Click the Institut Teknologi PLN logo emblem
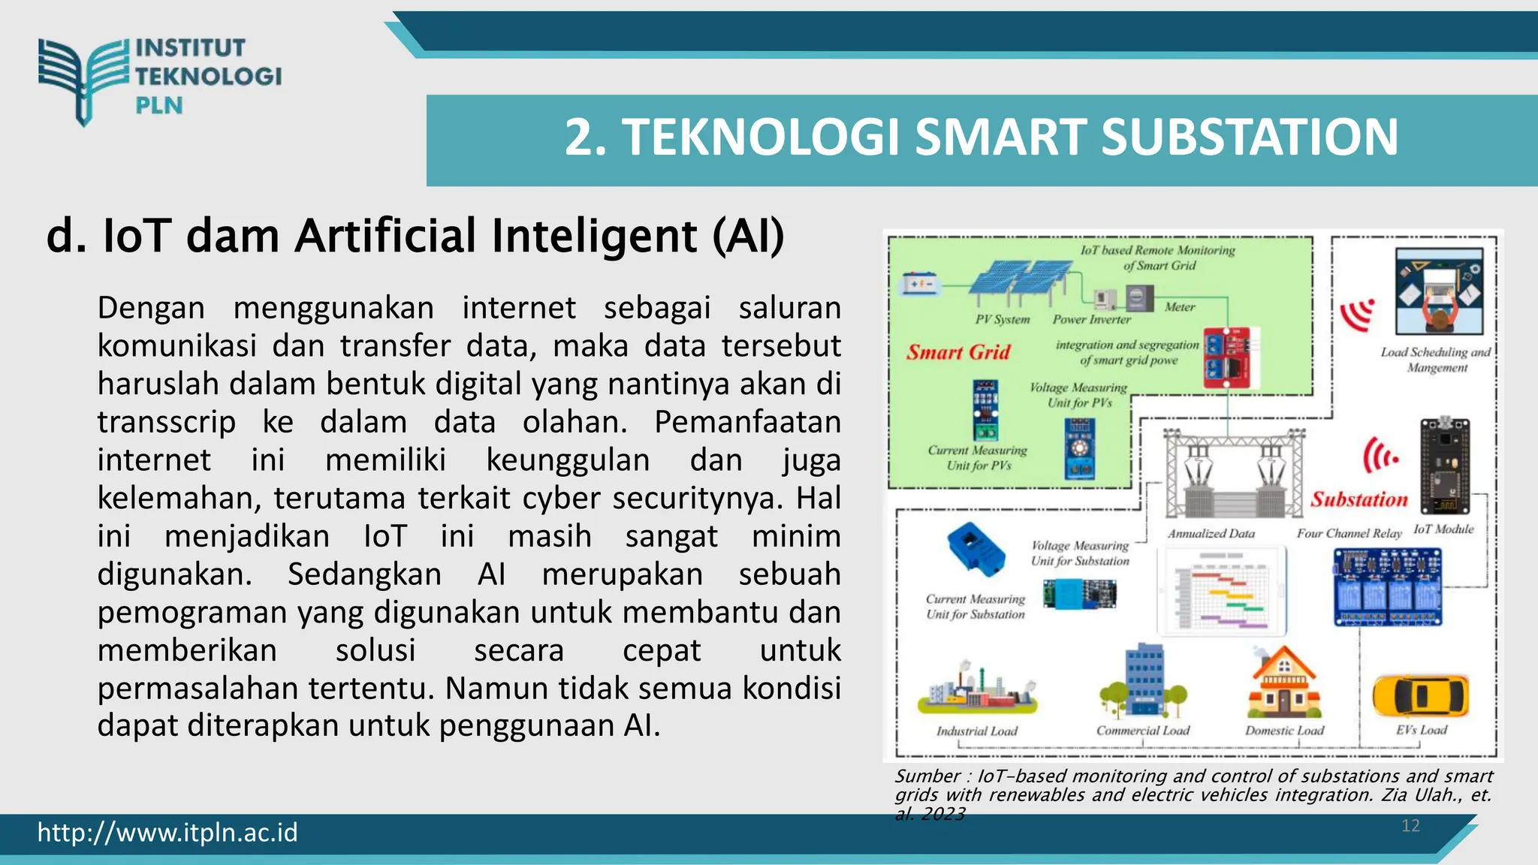pyautogui.click(x=83, y=80)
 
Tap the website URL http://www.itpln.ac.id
pyautogui.click(x=167, y=832)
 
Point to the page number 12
pyautogui.click(x=1410, y=826)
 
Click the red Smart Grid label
pyautogui.click(x=958, y=352)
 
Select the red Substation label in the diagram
pyautogui.click(x=1359, y=499)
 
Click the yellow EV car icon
pyautogui.click(x=1420, y=696)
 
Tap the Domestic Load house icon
pyautogui.click(x=1284, y=683)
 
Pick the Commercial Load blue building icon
pyautogui.click(x=1144, y=680)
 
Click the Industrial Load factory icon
pyautogui.click(x=977, y=689)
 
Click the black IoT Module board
pyautogui.click(x=1444, y=466)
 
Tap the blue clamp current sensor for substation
pyautogui.click(x=976, y=549)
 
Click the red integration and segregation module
pyautogui.click(x=1227, y=357)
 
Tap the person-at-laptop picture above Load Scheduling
pyautogui.click(x=1439, y=292)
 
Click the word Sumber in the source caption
pyautogui.click(x=927, y=776)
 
